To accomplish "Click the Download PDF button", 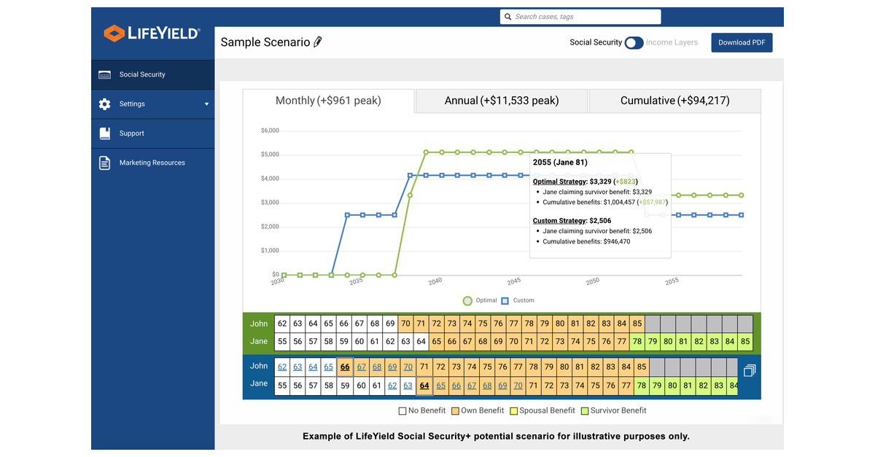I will click(x=742, y=42).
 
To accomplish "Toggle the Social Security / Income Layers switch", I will click(x=634, y=43).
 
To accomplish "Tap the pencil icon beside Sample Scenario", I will click(x=317, y=42).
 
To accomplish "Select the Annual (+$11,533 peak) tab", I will click(x=501, y=101).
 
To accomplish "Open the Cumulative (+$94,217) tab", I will click(x=674, y=101).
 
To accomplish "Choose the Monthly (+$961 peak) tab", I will click(x=328, y=101).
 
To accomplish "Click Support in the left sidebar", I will click(x=132, y=133).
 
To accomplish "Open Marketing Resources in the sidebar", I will click(x=152, y=163).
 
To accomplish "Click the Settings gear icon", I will click(x=105, y=104).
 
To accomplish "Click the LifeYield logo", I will click(x=152, y=33).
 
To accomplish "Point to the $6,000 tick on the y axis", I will click(x=269, y=130).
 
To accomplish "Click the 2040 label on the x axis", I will click(x=435, y=281).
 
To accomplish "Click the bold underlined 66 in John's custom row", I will click(x=345, y=367).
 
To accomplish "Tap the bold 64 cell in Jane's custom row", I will click(x=424, y=386).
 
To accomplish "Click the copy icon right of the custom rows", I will click(x=750, y=370).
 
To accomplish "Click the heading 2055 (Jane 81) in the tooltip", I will click(x=560, y=163).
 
